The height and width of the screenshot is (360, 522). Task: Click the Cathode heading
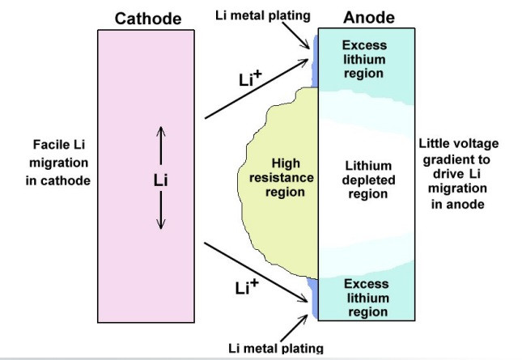pos(147,19)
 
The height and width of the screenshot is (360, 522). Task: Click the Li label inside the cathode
pos(160,180)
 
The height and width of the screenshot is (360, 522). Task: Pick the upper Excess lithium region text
pos(364,60)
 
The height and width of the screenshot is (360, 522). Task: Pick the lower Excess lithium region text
pos(366,298)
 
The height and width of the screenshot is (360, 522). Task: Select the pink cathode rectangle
pos(146,259)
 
